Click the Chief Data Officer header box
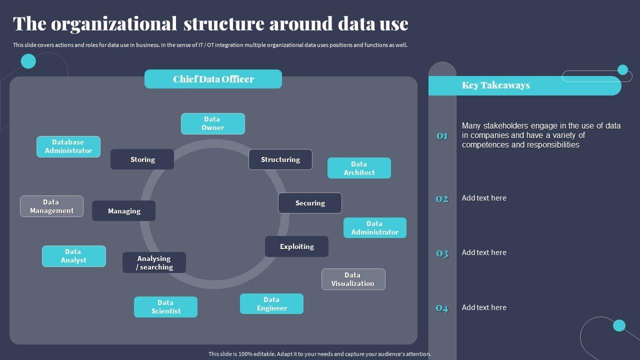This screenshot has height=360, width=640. coord(213,79)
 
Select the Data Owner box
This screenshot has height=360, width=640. coord(212,123)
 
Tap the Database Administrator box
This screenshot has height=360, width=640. coord(68,146)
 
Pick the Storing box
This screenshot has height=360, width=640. coord(142,159)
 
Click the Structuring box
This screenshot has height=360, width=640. coord(280,159)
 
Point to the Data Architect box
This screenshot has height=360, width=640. coord(359,168)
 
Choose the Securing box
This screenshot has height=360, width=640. coord(310,203)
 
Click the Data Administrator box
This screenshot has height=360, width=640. coord(374,228)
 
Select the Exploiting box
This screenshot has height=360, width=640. coord(296,246)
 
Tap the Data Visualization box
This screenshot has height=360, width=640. coord(353,279)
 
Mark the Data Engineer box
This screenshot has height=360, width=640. coord(271,304)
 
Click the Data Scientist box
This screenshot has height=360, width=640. coord(165,307)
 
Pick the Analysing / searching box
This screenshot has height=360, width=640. coord(154,262)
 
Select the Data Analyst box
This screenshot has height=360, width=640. coord(73,256)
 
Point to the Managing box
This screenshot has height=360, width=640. coord(123,211)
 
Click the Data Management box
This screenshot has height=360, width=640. coord(51,206)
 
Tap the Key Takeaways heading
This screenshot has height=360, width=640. coord(495,85)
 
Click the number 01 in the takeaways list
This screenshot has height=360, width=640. coord(442,136)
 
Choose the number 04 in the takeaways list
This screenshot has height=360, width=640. coord(442,308)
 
